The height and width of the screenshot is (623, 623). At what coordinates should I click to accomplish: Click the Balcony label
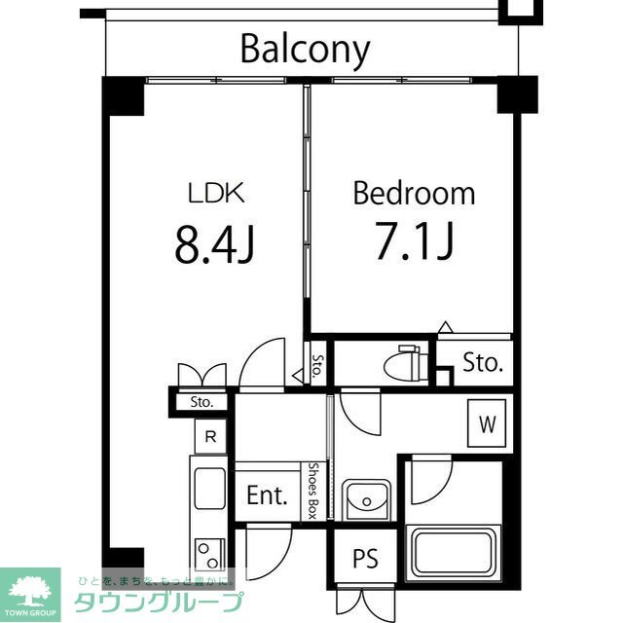coord(305,49)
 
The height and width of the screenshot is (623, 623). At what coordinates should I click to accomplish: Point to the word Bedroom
coord(414,194)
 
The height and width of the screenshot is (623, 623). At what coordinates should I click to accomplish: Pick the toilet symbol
coord(402,366)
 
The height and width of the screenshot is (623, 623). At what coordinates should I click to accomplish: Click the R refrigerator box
coord(210,437)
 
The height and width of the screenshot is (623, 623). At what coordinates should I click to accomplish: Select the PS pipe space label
coord(365,560)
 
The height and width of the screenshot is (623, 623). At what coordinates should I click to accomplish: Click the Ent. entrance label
coord(266,495)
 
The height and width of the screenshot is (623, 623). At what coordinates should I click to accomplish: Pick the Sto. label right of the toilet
coord(482,364)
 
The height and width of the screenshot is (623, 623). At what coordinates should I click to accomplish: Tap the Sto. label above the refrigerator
coord(202,401)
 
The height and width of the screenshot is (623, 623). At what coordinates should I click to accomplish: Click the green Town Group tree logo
coord(30,590)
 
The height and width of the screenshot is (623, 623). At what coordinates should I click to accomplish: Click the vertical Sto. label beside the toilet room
coord(317,368)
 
